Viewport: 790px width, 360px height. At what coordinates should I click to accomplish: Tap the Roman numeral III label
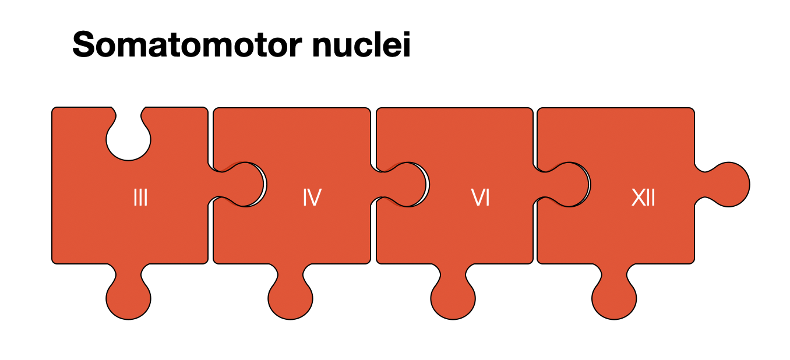coord(140,199)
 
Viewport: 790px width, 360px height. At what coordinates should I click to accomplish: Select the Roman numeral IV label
coord(312,199)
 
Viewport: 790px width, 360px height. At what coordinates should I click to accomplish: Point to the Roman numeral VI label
coord(480,199)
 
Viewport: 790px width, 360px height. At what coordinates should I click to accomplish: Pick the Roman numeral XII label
coord(643,199)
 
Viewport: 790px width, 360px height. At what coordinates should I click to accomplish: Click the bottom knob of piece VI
coord(453,298)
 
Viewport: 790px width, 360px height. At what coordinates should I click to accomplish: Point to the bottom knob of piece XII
coord(614,298)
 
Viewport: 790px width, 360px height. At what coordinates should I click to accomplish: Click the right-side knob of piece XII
coord(728,184)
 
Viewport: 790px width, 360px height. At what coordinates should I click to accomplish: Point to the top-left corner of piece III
coord(54,110)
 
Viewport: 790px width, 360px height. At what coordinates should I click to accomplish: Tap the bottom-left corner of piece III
coord(54,262)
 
